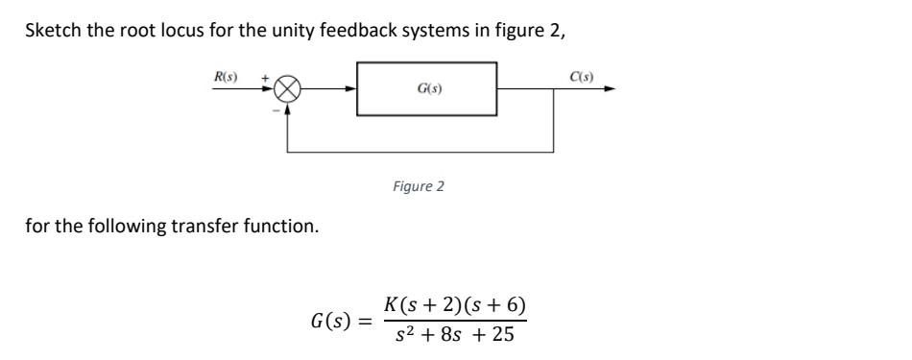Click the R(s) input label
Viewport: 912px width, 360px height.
[227, 75]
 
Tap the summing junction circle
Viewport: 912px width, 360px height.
[288, 89]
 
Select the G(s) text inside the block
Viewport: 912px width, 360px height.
[428, 89]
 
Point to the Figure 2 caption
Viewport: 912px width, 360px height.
[419, 186]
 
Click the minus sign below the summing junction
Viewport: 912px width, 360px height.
[275, 109]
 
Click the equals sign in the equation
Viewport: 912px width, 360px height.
[366, 319]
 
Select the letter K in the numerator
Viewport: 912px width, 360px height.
[392, 306]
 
